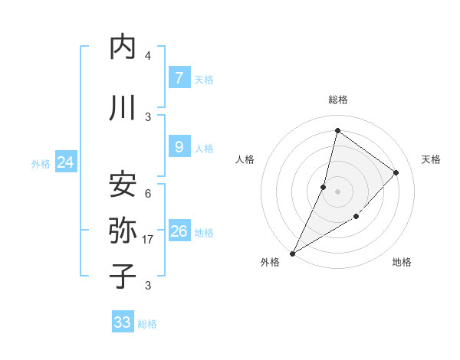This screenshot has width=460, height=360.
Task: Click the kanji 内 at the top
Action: (123, 47)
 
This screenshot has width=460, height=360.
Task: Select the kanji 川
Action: (123, 107)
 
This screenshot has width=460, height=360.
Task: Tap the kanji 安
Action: (123, 184)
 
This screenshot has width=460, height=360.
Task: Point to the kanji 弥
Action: (123, 230)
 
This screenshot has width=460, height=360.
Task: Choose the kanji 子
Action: (123, 276)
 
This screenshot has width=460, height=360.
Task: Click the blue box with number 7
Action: (179, 78)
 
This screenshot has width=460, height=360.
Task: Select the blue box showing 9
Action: (179, 147)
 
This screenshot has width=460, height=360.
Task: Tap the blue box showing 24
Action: (66, 162)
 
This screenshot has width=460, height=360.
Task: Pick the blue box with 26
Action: (179, 231)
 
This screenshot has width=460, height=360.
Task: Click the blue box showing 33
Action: (122, 322)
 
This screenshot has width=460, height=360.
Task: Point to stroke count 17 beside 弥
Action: (148, 240)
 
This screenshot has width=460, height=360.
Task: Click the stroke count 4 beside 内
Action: (148, 56)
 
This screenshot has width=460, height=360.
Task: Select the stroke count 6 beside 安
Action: (148, 193)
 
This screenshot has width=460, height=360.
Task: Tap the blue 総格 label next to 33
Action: (147, 324)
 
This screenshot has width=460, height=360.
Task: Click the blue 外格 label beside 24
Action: (41, 163)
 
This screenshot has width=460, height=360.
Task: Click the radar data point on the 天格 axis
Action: (396, 172)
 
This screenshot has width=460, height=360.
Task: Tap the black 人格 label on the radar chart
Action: (245, 159)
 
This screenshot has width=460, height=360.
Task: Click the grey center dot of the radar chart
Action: (337, 191)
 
